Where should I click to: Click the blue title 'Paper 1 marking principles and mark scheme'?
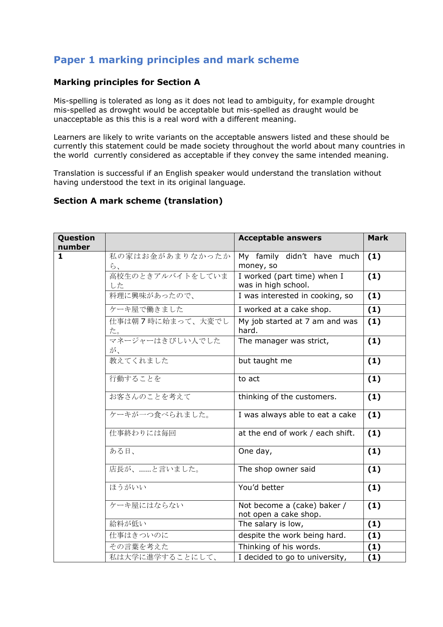[x=176, y=60]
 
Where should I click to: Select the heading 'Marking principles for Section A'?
[x=127, y=82]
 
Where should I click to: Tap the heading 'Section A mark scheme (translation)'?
[x=138, y=201]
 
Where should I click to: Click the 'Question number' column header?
[x=76, y=242]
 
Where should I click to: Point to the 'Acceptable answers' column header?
[x=280, y=238]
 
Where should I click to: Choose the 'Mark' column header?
[x=378, y=238]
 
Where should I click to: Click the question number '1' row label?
[x=60, y=256]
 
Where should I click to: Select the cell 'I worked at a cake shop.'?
[x=284, y=310]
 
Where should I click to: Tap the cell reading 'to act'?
[x=249, y=379]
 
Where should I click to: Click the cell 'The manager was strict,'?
[x=283, y=341]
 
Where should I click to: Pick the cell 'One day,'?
[x=255, y=451]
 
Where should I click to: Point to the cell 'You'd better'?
[x=261, y=488]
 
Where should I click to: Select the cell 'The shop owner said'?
[x=277, y=469]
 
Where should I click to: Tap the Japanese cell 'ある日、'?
[x=122, y=451]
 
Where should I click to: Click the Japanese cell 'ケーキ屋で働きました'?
[x=146, y=310]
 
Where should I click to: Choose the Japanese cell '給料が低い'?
[x=128, y=524]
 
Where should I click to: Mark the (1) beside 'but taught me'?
[x=374, y=361]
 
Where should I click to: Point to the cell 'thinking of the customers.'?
[x=287, y=397]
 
